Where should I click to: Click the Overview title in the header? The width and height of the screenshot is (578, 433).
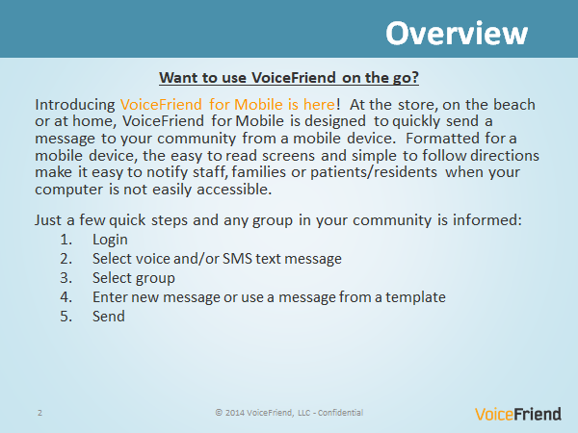(457, 33)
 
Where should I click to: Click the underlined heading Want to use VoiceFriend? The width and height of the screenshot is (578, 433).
(289, 78)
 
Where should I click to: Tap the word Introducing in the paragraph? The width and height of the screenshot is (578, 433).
(75, 105)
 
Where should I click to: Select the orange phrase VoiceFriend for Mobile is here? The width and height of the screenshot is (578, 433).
(227, 105)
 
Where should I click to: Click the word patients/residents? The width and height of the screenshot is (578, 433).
(374, 172)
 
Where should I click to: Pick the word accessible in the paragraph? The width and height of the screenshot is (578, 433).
(234, 190)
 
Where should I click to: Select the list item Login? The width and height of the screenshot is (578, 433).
(110, 240)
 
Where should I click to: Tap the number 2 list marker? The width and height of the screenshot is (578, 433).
(66, 259)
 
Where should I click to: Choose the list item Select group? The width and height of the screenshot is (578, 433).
(134, 278)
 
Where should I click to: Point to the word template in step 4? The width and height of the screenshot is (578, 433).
(415, 297)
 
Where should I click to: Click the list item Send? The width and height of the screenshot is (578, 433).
(109, 317)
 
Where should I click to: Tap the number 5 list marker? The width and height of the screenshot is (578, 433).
(66, 317)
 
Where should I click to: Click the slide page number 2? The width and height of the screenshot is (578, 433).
(39, 413)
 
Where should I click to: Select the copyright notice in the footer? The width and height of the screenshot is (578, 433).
(289, 413)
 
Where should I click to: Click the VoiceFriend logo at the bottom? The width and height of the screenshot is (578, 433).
(518, 414)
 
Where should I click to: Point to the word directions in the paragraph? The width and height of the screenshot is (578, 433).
(505, 156)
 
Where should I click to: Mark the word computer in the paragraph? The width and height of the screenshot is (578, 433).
(69, 190)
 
